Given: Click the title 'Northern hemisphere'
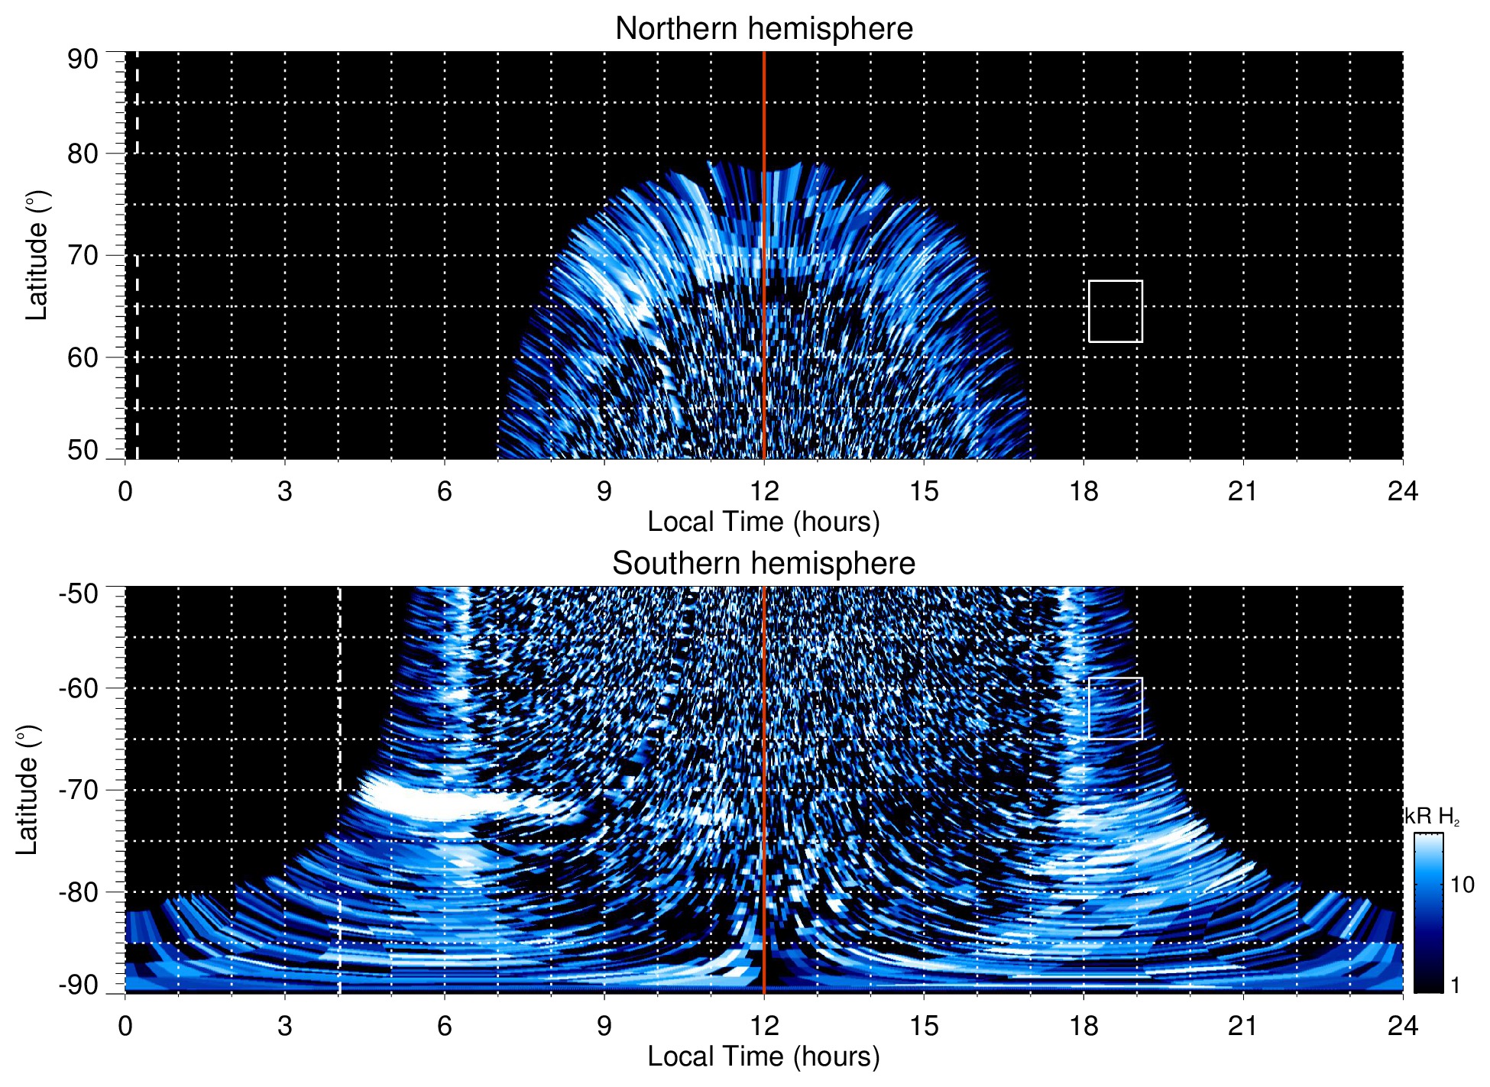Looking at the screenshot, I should (x=763, y=29).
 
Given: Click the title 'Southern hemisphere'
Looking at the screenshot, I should (x=763, y=564).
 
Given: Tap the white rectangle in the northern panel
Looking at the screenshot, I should (x=1115, y=312).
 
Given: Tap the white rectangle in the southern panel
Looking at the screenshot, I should (x=1115, y=708).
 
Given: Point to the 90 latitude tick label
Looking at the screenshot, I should (x=83, y=60).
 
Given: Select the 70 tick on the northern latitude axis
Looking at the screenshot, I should (x=83, y=255).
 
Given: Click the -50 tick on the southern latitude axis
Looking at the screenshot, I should (x=79, y=594).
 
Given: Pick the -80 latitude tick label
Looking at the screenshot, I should (x=79, y=891).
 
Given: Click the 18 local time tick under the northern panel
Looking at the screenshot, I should (x=1083, y=491).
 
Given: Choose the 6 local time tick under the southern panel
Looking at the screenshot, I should (x=445, y=1026).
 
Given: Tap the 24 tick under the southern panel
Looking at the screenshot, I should (x=1402, y=1026).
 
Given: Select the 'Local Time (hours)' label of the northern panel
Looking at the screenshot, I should (x=763, y=522).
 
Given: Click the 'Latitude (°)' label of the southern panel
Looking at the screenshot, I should (x=28, y=790).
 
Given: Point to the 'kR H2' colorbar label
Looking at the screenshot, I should (x=1432, y=817).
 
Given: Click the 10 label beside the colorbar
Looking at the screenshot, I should (x=1462, y=885).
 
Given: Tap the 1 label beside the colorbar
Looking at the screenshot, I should (x=1455, y=985).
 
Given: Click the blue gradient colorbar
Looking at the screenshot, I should (x=1427, y=913).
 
